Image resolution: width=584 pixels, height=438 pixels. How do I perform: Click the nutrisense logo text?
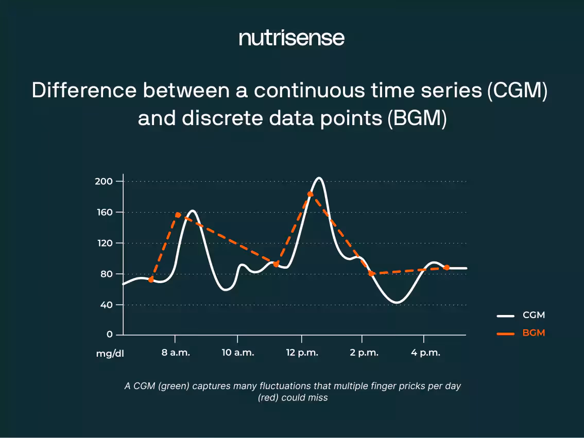[x=291, y=39]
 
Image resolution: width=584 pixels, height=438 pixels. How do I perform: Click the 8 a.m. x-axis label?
[x=176, y=353]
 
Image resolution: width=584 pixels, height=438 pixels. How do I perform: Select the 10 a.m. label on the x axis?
[x=237, y=353]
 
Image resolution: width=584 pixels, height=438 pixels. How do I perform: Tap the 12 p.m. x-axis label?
[x=301, y=353]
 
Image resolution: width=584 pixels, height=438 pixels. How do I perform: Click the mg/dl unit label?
[x=110, y=354]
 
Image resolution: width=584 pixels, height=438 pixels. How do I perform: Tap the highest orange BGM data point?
[x=310, y=194]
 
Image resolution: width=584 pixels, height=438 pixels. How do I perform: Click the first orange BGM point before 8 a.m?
[x=151, y=279]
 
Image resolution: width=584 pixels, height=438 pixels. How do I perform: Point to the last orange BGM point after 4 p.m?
[x=446, y=268]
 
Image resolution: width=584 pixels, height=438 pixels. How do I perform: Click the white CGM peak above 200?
[x=319, y=178]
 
